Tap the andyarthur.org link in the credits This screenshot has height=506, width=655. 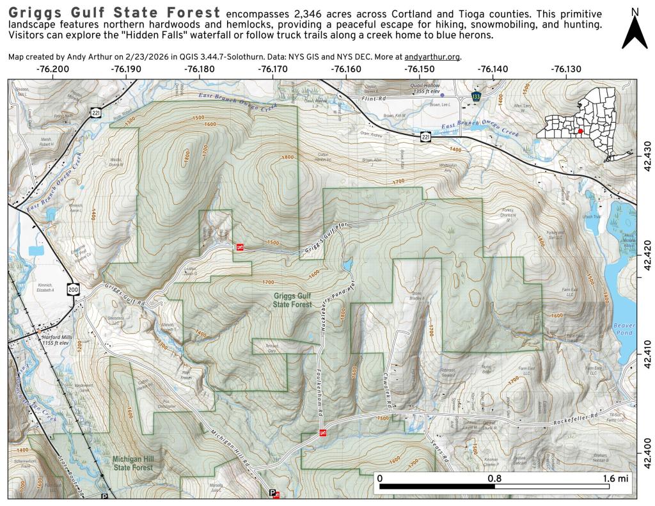(x=432, y=56)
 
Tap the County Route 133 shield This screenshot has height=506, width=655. (x=475, y=96)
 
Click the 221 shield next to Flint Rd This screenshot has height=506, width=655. (x=425, y=136)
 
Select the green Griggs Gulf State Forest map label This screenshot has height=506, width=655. (x=293, y=301)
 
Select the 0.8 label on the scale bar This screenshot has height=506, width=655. (x=494, y=478)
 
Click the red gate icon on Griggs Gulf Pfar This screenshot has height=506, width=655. (x=240, y=247)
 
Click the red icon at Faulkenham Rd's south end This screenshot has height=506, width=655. (x=323, y=434)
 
